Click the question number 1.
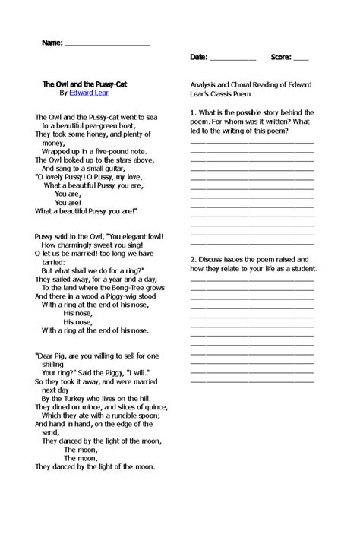(193, 113)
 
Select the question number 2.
(193, 259)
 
